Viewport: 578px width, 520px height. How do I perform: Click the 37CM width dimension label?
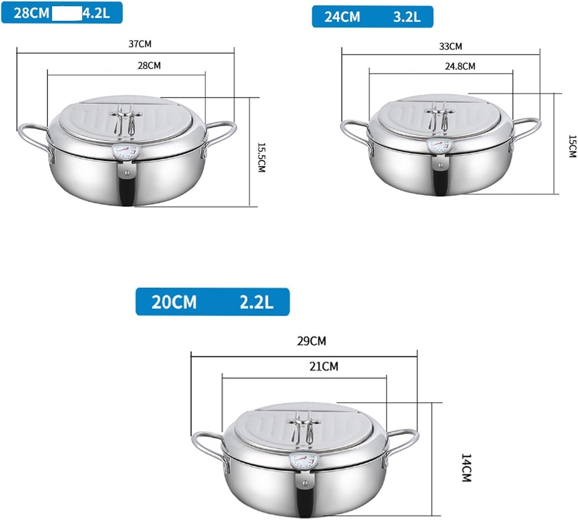coord(140,44)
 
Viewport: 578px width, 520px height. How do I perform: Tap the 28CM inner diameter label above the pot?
coord(149,65)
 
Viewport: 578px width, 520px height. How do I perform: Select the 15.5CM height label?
coord(261,157)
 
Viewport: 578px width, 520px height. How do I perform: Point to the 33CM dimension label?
coord(450,46)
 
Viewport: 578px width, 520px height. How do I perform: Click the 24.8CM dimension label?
coord(460,67)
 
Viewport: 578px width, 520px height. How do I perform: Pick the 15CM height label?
coord(572,146)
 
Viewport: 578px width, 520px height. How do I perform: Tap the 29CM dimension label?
coord(312,341)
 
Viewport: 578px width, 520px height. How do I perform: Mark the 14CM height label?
coord(466,468)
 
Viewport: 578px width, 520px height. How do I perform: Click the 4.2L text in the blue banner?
coord(96,14)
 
